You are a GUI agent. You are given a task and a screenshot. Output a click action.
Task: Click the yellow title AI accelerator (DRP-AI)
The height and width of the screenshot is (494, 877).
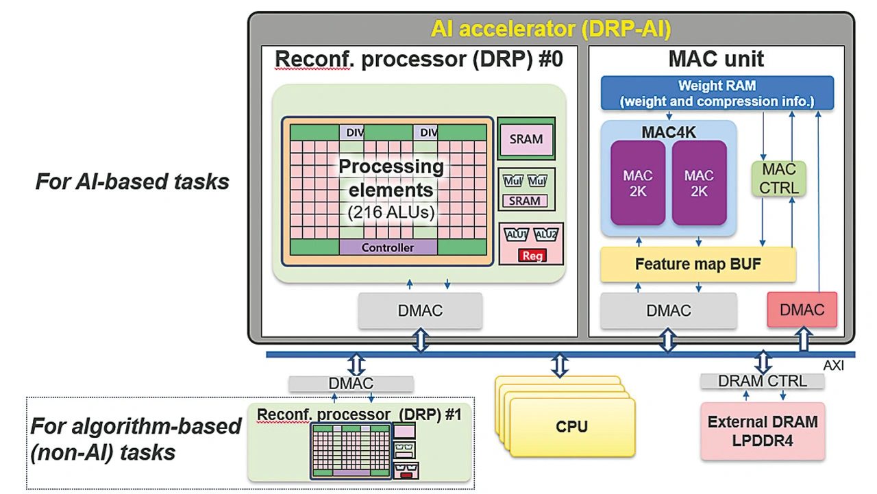551,29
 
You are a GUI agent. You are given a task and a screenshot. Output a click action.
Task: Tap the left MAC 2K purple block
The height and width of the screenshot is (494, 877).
638,183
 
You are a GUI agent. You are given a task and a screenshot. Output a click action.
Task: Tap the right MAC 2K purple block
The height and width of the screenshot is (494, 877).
699,183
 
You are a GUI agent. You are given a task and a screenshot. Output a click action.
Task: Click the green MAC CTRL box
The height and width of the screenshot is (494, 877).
779,178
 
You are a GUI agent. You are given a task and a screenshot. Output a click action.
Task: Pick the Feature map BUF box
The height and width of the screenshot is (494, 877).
697,264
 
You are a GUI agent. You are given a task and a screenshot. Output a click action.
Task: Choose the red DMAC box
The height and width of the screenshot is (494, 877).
802,310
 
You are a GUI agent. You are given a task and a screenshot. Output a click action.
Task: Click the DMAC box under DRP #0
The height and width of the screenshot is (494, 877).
420,310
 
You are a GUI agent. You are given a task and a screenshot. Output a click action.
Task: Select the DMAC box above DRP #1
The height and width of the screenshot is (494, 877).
351,384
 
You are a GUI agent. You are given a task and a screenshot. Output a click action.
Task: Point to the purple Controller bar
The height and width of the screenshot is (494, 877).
387,247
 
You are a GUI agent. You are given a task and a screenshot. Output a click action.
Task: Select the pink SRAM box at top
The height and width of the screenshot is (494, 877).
526,139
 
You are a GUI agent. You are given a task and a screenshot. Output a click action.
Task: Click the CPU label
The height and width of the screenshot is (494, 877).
571,427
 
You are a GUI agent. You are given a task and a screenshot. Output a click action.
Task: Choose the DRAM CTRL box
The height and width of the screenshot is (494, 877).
762,381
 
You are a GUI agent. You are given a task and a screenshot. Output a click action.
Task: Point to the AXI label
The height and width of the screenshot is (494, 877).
833,366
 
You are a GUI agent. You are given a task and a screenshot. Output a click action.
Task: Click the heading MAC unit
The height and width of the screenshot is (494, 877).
716,60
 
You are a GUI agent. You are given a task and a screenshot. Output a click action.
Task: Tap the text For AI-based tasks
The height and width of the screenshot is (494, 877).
132,182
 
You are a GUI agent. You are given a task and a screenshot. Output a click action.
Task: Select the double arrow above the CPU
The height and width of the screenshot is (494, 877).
560,365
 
